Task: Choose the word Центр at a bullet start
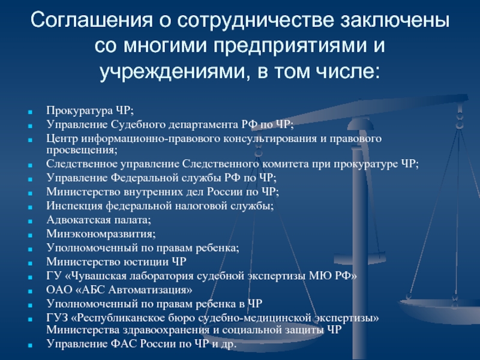[62, 139]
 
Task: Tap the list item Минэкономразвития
[101, 234]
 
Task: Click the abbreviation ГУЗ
[57, 318]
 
